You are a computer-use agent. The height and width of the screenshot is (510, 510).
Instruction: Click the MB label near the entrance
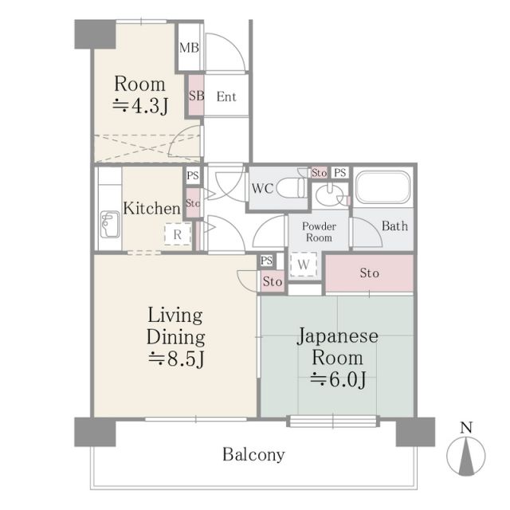[189, 48]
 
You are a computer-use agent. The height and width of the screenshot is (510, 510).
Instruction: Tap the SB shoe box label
[197, 96]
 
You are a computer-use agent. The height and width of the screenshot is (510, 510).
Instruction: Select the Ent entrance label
[226, 96]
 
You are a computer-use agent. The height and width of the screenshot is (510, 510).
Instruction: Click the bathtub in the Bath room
[382, 187]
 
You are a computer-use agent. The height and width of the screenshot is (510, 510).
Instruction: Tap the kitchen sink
[110, 224]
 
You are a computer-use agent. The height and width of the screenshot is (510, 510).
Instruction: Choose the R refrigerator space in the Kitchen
[177, 234]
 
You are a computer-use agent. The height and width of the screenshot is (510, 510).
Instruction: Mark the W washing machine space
[303, 265]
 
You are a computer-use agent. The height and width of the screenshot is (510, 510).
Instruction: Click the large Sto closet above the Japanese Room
[370, 273]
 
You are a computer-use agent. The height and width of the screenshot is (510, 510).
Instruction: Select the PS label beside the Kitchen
[193, 175]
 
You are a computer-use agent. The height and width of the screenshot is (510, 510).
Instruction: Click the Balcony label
[253, 454]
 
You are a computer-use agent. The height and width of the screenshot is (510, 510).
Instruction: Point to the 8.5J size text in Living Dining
[176, 359]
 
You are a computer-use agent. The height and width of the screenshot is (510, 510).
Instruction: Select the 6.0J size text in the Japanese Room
[338, 379]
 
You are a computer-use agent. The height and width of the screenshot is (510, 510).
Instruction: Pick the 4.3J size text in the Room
[140, 106]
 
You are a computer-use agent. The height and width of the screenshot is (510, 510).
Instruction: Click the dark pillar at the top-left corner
[95, 34]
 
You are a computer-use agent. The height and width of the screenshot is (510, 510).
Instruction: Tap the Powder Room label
[319, 232]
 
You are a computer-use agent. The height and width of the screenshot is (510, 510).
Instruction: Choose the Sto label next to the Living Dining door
[273, 281]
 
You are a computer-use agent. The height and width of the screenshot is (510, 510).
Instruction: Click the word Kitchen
[151, 208]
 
